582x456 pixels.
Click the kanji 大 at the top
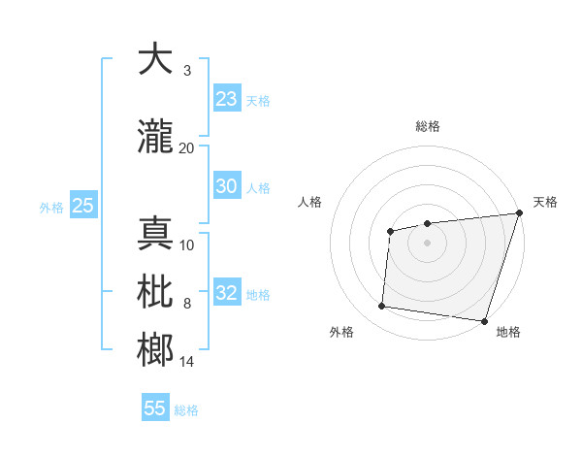point(155,59)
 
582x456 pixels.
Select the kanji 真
point(155,233)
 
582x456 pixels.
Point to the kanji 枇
point(155,292)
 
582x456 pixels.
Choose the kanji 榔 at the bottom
point(155,350)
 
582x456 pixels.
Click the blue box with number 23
point(226,99)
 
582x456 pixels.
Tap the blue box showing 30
point(226,186)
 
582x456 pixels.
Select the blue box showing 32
point(226,294)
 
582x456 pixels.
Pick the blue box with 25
point(82,206)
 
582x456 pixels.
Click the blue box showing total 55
point(155,408)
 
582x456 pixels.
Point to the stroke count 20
point(186,147)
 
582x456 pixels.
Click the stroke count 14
point(186,362)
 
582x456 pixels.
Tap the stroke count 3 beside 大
point(186,71)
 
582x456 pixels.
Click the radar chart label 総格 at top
point(427,126)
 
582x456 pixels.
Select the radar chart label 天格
point(545,202)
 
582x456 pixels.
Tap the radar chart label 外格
point(341,332)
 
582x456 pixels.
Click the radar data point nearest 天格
point(519,213)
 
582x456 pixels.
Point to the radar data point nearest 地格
point(483,320)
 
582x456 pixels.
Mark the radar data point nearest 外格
point(381,307)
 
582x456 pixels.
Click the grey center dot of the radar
point(427,243)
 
